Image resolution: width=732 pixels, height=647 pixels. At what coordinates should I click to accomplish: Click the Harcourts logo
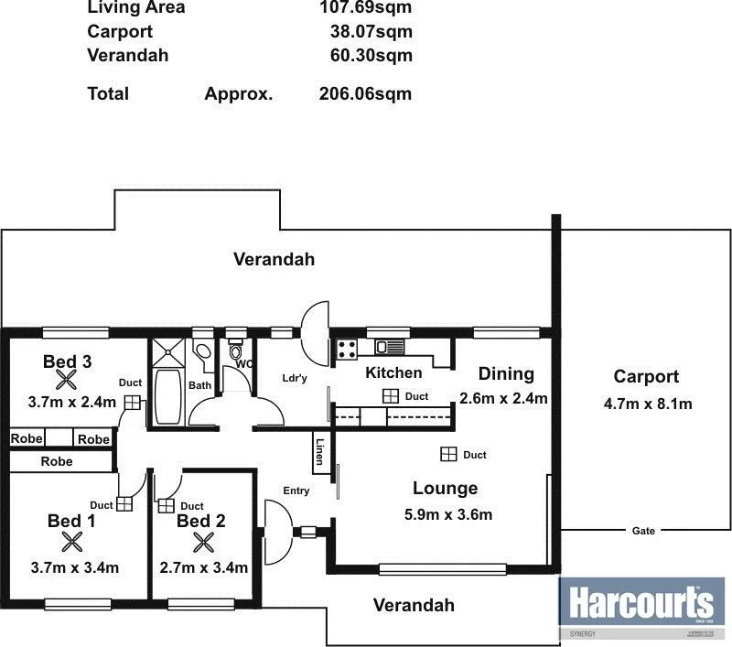[640, 605]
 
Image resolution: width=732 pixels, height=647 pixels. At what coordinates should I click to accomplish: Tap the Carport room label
[646, 376]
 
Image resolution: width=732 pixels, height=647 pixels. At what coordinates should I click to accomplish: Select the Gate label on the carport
[642, 531]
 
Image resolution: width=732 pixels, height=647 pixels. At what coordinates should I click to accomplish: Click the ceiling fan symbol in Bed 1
[72, 543]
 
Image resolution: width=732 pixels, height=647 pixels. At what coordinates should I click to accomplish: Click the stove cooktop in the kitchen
[348, 348]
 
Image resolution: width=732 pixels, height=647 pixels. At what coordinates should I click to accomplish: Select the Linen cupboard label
[319, 452]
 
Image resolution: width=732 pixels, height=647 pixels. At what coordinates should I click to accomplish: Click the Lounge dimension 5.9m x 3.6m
[448, 514]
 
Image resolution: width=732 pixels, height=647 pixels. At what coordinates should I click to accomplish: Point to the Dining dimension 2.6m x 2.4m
[503, 398]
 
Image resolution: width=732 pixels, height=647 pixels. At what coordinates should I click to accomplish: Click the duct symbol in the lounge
[448, 454]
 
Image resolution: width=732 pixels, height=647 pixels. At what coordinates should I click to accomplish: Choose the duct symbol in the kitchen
[391, 396]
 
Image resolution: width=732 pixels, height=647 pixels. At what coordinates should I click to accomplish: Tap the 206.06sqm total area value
[365, 93]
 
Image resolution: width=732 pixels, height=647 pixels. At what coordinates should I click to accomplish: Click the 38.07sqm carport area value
[371, 31]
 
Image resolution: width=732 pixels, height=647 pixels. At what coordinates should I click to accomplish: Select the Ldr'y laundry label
[295, 378]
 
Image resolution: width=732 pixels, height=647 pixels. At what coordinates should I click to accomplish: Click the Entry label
[296, 491]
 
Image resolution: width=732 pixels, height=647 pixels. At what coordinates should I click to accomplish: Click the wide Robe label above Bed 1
[56, 462]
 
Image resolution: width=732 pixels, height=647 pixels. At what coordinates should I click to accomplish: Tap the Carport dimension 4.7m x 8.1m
[646, 403]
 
